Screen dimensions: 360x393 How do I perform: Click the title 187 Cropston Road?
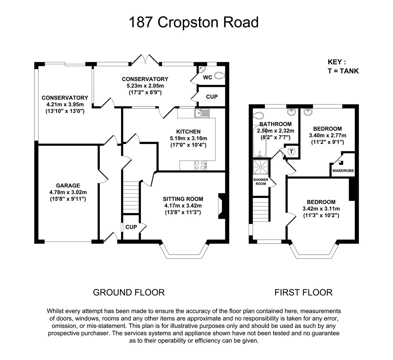point(193,23)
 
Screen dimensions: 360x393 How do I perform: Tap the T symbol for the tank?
point(292,151)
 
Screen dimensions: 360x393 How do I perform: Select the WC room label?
point(208,78)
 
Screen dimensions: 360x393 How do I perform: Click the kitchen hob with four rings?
point(199,165)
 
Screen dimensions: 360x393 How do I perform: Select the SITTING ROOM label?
point(183,199)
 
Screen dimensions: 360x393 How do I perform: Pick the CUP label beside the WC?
point(212,97)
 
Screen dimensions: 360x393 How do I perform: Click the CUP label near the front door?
point(131,227)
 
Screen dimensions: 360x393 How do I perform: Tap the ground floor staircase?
point(131,197)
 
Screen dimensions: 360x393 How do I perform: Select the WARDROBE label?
point(343,171)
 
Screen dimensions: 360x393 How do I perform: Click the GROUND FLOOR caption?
point(129,292)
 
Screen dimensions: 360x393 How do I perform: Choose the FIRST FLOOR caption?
point(303,292)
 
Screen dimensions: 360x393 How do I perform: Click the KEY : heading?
point(337,62)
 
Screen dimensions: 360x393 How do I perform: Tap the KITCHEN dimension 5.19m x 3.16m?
point(188,138)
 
